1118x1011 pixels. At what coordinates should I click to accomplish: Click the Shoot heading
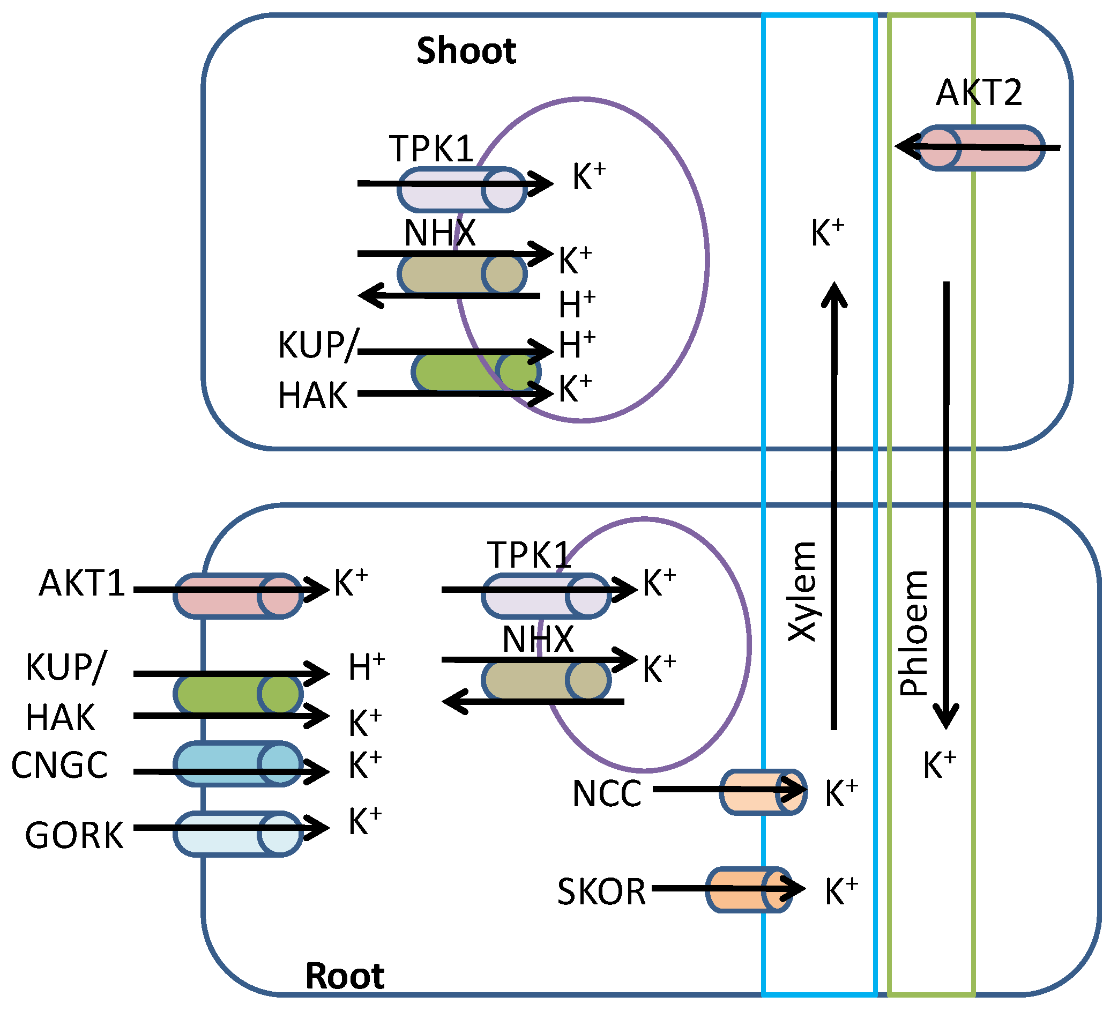tap(466, 51)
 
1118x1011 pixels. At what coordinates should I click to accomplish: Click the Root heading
tap(345, 976)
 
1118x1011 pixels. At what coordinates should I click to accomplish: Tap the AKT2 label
tap(979, 93)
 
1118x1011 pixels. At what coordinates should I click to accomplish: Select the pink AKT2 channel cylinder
tap(980, 147)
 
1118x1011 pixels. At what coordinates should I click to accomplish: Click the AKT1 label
tap(82, 583)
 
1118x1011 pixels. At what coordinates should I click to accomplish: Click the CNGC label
tap(59, 765)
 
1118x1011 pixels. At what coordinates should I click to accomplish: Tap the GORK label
tap(74, 836)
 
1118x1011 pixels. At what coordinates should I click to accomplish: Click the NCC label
tap(607, 793)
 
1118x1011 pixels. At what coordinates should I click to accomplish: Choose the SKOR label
tap(602, 892)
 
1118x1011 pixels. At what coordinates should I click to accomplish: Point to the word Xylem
tap(802, 591)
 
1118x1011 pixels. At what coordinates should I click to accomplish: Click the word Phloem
tap(913, 633)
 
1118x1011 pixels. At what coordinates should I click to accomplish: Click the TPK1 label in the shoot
tap(431, 148)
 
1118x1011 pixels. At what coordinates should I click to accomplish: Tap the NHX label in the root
tap(538, 640)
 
